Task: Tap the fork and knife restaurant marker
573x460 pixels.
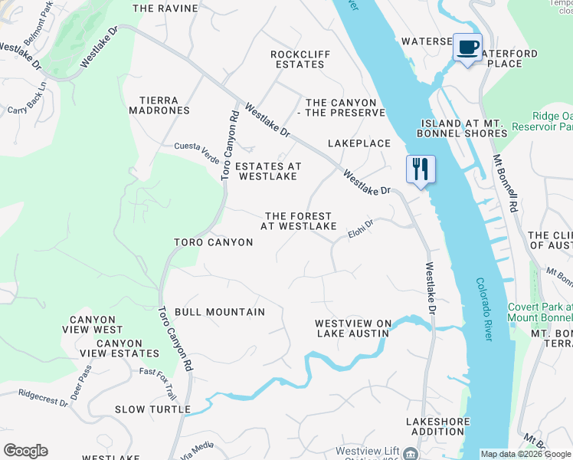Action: point(420,169)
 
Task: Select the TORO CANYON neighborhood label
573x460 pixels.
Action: point(213,242)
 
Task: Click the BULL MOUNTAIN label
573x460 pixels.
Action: point(220,312)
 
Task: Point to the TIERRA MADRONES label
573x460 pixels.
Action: point(164,106)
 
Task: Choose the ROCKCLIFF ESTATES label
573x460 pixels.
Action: point(298,59)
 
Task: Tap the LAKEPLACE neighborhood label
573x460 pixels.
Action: point(359,143)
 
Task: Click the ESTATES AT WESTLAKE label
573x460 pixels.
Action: point(267,171)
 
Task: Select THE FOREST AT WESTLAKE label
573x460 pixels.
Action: point(298,222)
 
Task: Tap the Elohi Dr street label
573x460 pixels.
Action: point(360,228)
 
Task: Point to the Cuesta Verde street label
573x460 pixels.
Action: point(197,146)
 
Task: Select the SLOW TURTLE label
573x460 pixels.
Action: point(152,409)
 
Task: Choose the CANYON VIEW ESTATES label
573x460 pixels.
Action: point(119,348)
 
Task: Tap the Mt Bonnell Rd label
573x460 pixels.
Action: point(506,184)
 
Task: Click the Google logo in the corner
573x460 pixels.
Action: point(25,451)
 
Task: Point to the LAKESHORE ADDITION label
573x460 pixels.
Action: point(436,427)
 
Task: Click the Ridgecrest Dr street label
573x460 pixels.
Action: point(44,396)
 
